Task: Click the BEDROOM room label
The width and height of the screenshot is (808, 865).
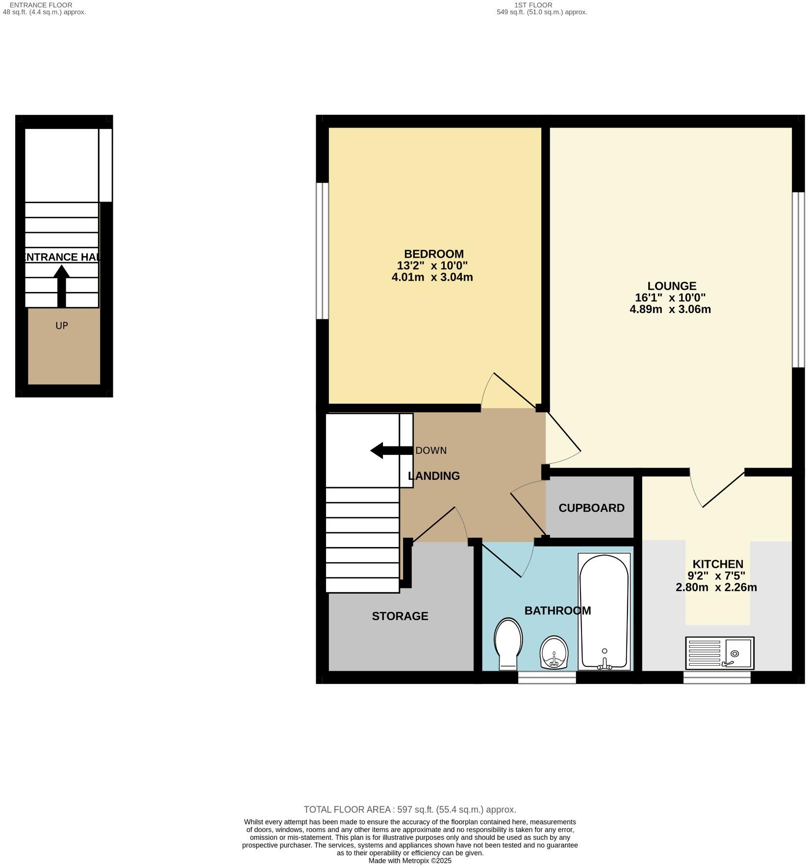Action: (x=433, y=254)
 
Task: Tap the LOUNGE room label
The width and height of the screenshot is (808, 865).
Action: (x=671, y=286)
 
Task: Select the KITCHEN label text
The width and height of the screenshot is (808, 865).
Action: (x=717, y=564)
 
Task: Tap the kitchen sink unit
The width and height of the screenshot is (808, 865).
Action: (x=719, y=653)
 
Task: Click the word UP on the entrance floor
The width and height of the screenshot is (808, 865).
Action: (x=61, y=325)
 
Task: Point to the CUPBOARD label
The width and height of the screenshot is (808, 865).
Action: (x=591, y=508)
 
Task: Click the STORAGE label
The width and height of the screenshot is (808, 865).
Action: (x=400, y=616)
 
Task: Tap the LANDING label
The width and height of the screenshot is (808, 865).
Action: (x=434, y=475)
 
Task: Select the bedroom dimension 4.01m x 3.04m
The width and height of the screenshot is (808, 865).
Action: (x=432, y=277)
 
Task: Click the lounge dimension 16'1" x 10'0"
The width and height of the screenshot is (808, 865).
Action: (x=670, y=297)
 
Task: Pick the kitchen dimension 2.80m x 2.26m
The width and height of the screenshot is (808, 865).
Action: (x=716, y=587)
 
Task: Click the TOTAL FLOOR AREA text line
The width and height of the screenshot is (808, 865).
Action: (x=409, y=810)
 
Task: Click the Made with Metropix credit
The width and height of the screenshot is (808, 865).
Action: (x=409, y=861)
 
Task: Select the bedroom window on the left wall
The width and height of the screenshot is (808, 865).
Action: (x=322, y=251)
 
